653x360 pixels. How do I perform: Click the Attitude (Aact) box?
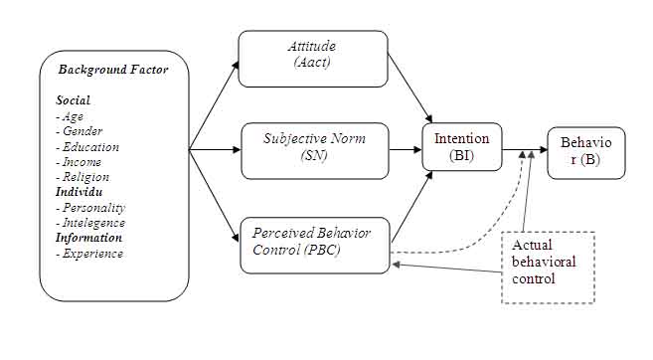tap(313, 59)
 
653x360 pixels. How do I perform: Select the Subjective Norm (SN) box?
tap(314, 149)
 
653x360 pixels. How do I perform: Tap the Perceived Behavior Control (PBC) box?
tap(314, 244)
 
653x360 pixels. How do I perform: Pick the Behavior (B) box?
tap(586, 151)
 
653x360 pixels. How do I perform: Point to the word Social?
tap(73, 100)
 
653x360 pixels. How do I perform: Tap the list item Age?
tap(72, 116)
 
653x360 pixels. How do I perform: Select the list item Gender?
tap(80, 131)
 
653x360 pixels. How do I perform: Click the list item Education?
tap(87, 147)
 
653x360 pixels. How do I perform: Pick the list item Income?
tap(80, 162)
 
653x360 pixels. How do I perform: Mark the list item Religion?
tap(83, 177)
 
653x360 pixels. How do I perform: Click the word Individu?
tap(79, 192)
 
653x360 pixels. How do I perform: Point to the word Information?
tap(89, 238)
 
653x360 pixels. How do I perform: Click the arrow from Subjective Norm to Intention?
tap(405, 150)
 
